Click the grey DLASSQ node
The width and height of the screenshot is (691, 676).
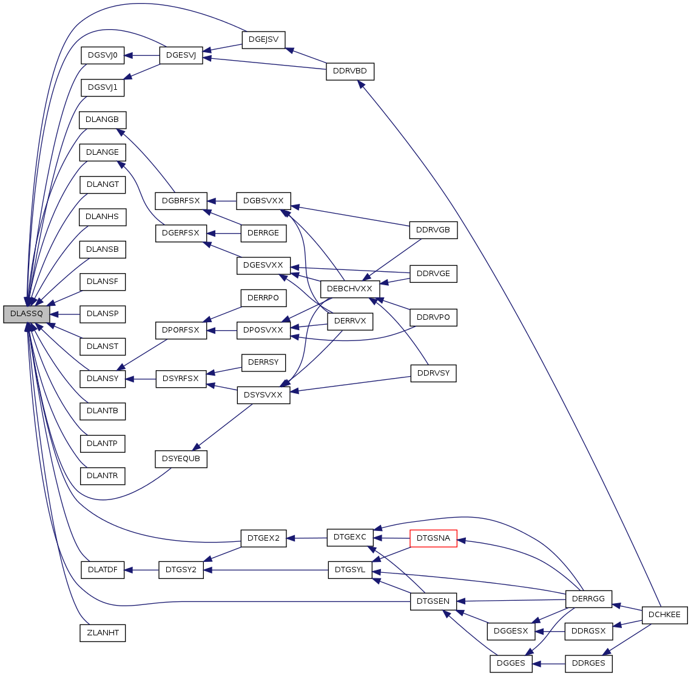coord(26,314)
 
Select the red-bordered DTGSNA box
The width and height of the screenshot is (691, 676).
coord(433,538)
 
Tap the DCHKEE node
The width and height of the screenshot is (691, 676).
coord(664,615)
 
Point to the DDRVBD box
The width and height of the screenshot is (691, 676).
coord(350,71)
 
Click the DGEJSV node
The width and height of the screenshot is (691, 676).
coord(263,40)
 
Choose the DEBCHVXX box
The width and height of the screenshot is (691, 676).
coord(349,289)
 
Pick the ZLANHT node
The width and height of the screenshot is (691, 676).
coord(103,633)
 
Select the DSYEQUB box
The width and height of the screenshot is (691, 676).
coord(181,459)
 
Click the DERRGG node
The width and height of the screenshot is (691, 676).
coord(588,599)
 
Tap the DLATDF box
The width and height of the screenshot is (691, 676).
coord(103,570)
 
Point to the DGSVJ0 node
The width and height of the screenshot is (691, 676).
coord(103,55)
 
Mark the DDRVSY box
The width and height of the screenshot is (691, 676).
coord(433,373)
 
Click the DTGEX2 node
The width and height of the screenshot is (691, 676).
coord(263,538)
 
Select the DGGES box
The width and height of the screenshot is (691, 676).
coord(511,663)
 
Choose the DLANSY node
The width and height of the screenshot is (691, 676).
coord(103,379)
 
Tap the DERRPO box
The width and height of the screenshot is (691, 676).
coord(263,298)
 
